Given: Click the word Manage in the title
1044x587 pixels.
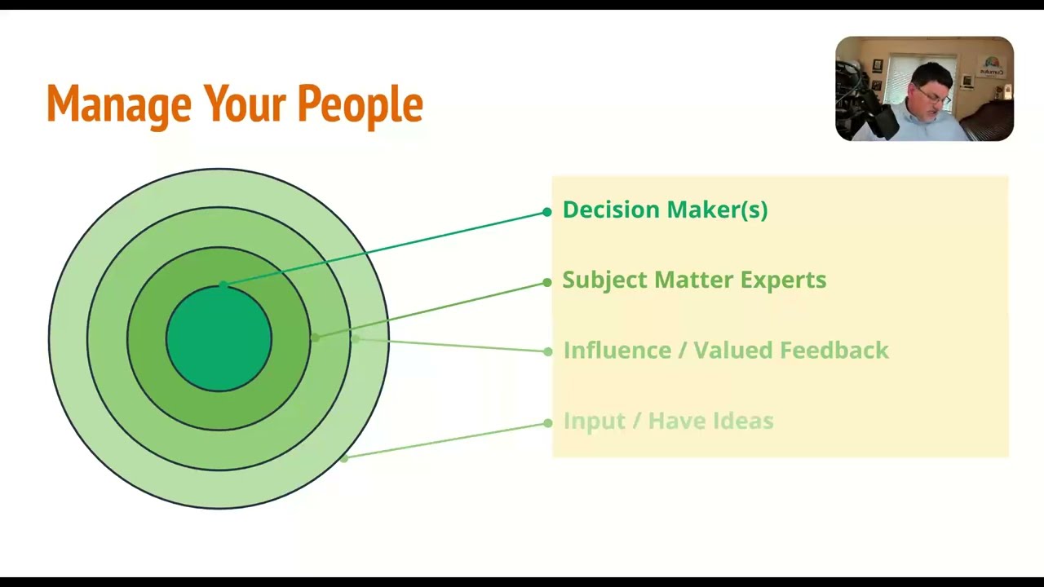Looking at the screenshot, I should (x=118, y=104).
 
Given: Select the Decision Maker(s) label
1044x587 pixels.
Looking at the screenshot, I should (x=665, y=210).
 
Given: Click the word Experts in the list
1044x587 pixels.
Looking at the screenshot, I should (x=782, y=280).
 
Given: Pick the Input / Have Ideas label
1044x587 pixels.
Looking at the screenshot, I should (x=668, y=421).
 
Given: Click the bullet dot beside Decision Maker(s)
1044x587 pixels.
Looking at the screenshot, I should (x=546, y=213).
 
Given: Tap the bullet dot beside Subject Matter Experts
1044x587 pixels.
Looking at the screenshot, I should (x=546, y=283).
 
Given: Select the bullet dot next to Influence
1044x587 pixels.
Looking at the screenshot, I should (x=547, y=351).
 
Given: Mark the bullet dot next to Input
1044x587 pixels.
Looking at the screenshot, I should (x=547, y=423).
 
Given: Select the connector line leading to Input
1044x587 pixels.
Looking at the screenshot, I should (x=445, y=440).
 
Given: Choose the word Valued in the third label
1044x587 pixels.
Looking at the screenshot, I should (x=732, y=351).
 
